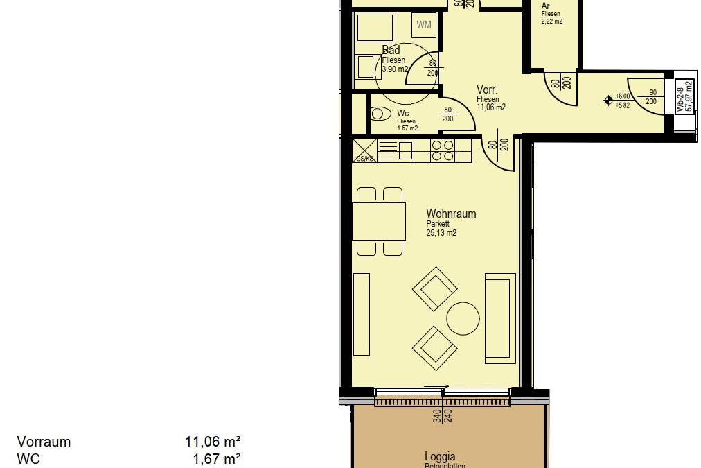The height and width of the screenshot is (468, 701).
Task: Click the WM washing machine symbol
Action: tap(424, 26)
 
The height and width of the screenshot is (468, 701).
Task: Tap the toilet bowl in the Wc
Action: tap(380, 114)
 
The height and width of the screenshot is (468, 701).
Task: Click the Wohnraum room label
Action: tap(451, 214)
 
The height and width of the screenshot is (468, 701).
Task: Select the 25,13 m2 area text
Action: tap(441, 234)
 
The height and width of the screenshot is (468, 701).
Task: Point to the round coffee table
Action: tap(463, 319)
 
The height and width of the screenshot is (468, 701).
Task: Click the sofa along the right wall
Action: tap(500, 318)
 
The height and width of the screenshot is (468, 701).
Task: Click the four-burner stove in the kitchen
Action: tap(443, 150)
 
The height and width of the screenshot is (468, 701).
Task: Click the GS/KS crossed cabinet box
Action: tap(364, 150)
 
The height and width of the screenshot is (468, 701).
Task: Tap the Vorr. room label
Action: tap(487, 90)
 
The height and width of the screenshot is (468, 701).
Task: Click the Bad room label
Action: tap(391, 50)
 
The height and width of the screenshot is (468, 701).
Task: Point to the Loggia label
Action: tap(440, 456)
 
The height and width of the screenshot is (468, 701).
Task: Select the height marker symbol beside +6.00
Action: tap(608, 101)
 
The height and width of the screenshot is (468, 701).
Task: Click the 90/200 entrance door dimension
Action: tap(652, 96)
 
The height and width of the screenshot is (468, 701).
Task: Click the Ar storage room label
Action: tap(546, 6)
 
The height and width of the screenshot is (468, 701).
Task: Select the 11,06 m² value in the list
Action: tap(213, 442)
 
